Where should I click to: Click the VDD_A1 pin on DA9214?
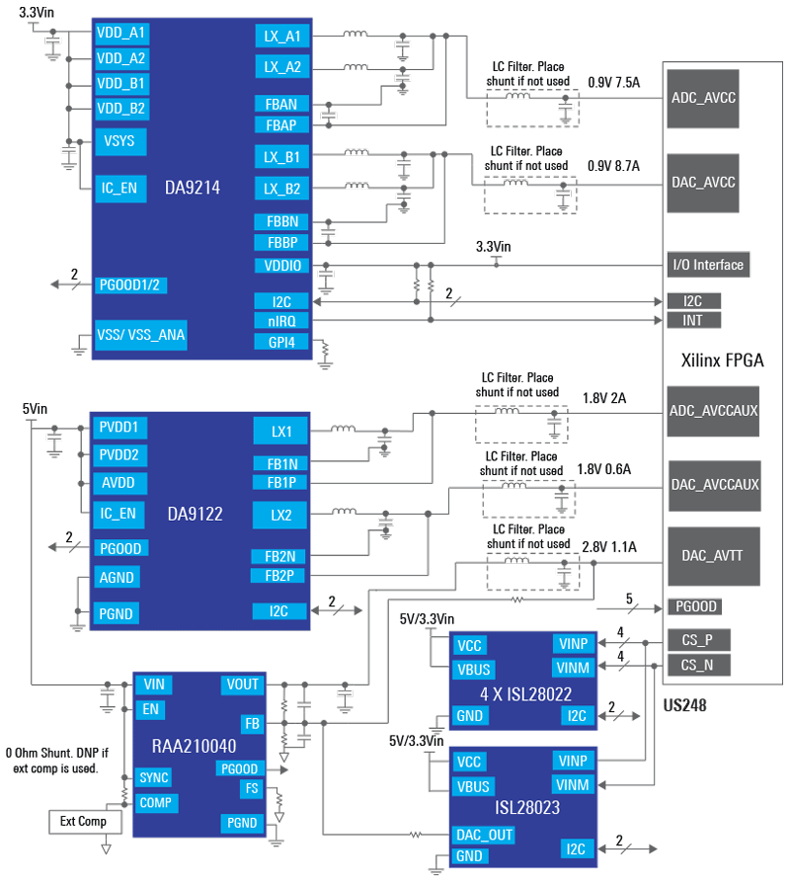121,33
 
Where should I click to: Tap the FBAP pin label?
282,124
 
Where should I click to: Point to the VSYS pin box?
120,142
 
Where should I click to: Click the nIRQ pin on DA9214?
282,320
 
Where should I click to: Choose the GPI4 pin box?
282,343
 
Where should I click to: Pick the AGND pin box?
116,577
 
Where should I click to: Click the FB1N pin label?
282,463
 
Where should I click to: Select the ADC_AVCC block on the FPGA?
703,99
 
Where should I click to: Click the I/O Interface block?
707,265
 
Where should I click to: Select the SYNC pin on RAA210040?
154,777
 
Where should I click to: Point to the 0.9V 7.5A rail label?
614,83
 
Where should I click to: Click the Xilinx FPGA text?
723,361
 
